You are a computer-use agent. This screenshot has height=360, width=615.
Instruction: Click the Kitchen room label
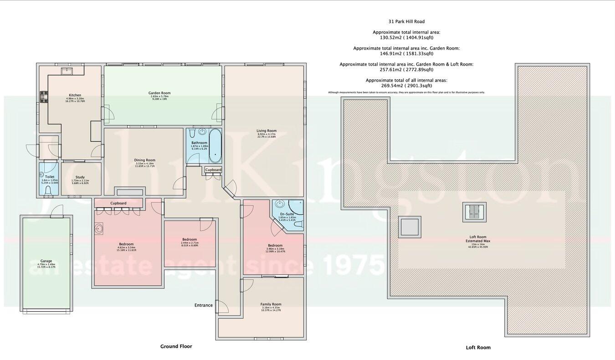[75, 95]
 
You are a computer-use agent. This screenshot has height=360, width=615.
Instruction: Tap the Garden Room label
[159, 93]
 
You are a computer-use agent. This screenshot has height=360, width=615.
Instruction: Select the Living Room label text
[266, 131]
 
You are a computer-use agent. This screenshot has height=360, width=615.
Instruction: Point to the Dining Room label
[144, 160]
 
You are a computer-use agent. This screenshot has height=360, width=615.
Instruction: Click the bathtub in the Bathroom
[215, 146]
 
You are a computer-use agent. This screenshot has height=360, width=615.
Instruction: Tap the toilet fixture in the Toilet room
[48, 190]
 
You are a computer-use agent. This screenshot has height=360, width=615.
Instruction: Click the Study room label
[80, 177]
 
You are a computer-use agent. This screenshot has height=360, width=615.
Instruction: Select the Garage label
[46, 262]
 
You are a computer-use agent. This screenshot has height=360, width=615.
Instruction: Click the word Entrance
[203, 305]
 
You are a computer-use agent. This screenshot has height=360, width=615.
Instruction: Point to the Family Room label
[271, 304]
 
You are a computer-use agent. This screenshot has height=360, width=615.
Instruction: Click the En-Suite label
[287, 214]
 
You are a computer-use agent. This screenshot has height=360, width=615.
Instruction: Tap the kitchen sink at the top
[68, 70]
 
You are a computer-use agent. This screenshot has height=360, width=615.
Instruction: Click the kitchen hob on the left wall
[44, 97]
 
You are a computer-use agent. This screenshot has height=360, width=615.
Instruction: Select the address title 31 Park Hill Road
[406, 21]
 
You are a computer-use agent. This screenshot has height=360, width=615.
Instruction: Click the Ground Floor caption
[176, 346]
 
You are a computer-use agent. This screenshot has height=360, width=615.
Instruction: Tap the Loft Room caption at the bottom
[478, 347]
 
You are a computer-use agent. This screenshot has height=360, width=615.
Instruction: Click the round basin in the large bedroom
[99, 228]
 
